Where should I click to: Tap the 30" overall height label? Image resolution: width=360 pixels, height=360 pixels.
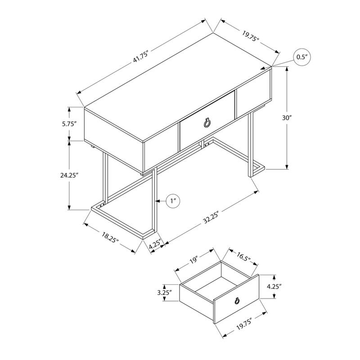pyautogui.click(x=287, y=118)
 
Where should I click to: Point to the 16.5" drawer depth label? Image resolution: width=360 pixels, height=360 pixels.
pyautogui.click(x=243, y=258)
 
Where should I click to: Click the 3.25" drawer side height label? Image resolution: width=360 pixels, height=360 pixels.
pyautogui.click(x=165, y=293)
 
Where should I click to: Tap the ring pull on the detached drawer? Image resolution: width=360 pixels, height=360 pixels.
pyautogui.click(x=236, y=302)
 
